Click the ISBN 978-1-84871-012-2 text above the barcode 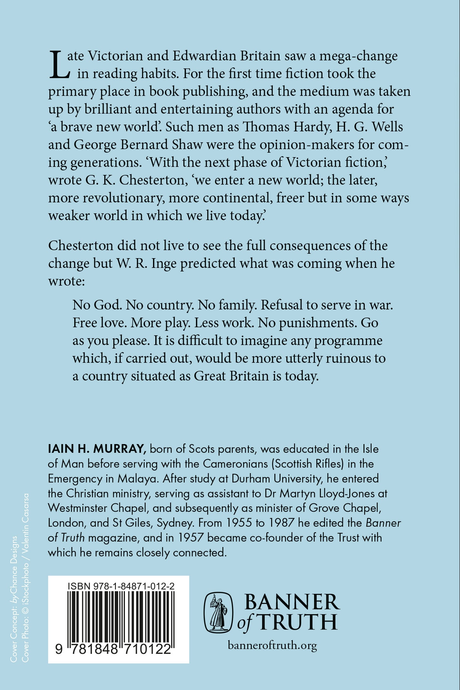[121, 586]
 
